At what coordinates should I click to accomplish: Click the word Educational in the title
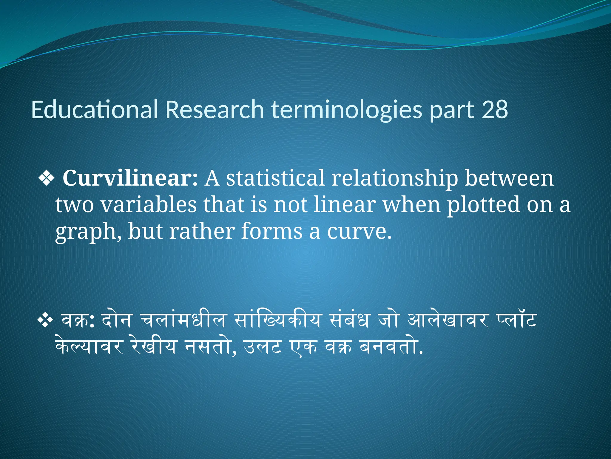point(94,110)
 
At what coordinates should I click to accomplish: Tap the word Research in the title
point(215,110)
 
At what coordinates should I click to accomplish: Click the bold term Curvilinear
point(130,178)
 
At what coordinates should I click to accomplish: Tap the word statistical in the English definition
point(275,178)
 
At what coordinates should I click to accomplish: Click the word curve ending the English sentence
point(359,232)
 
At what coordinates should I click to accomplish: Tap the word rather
point(202,232)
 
